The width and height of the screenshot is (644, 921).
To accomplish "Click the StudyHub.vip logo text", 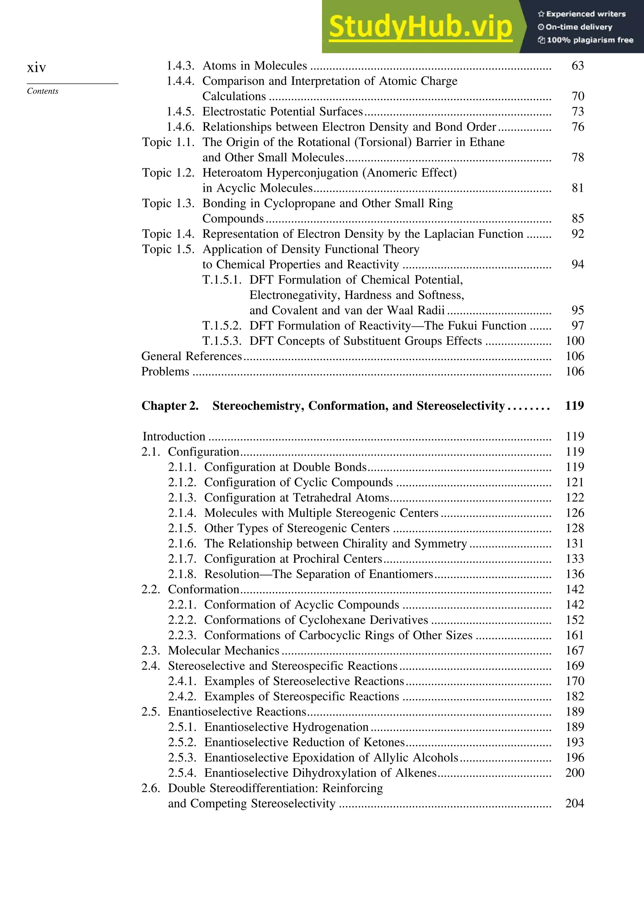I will [420, 27].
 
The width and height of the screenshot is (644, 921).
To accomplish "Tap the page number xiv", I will [36, 67].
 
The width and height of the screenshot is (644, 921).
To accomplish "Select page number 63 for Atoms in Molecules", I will [577, 65].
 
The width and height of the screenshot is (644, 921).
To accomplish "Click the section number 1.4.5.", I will [180, 111].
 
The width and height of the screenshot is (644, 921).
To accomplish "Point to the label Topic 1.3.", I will [168, 203].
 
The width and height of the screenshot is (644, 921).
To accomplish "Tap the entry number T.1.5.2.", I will [222, 326].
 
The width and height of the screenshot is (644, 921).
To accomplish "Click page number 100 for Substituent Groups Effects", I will [575, 341].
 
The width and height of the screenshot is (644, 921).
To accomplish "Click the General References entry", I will [192, 356].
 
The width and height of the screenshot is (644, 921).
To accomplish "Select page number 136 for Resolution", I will [575, 574].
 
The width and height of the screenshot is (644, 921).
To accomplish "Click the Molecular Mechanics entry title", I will [223, 651].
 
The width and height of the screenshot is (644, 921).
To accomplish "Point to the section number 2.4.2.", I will [182, 696].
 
